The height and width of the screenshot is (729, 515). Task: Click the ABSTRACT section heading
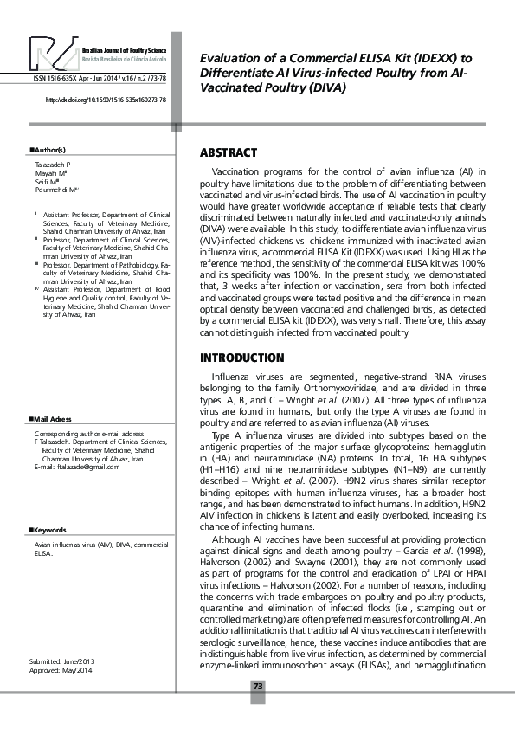(229, 153)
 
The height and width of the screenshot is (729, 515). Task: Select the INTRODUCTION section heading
(242, 358)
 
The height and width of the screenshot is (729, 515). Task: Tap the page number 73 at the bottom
(257, 686)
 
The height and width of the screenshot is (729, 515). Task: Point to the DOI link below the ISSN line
(105, 100)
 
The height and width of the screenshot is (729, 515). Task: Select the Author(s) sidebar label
(48, 152)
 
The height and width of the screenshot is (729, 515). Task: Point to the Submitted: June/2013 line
(62, 663)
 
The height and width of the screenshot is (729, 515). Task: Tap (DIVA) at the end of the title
(325, 87)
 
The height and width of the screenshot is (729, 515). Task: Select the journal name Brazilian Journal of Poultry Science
(124, 52)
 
